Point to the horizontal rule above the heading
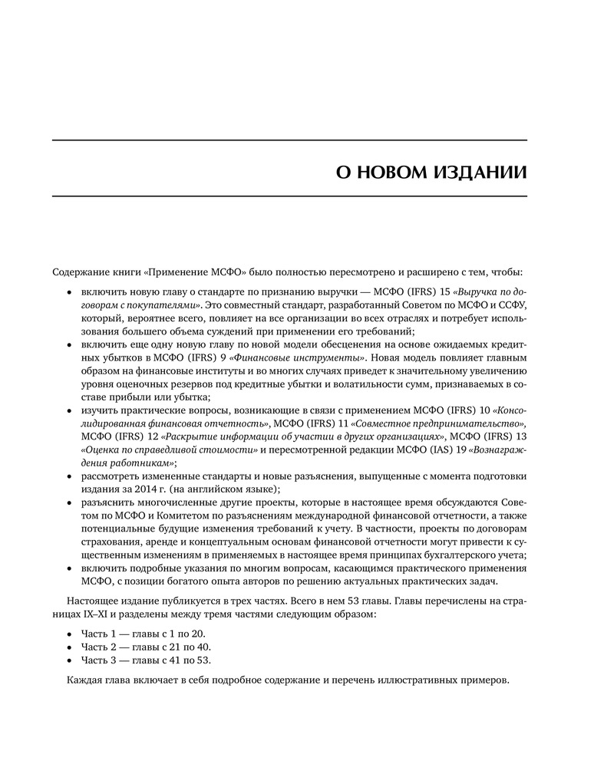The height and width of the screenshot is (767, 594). pyautogui.click(x=289, y=140)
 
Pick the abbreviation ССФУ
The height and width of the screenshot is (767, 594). pyautogui.click(x=513, y=305)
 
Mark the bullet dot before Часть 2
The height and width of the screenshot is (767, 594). pyautogui.click(x=70, y=647)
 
